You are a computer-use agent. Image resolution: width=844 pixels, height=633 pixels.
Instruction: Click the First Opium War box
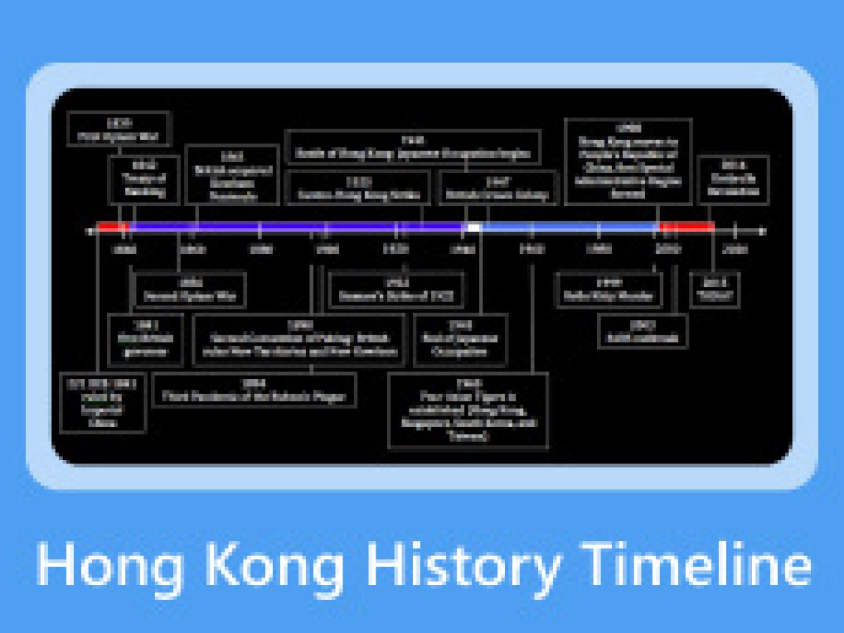[119, 129]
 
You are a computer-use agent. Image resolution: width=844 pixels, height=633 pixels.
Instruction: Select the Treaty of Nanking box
[143, 179]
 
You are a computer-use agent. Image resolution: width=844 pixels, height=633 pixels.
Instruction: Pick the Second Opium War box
[190, 289]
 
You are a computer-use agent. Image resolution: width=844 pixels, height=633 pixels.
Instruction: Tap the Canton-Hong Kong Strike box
[358, 188]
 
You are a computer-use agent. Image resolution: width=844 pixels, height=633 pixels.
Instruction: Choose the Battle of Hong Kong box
[413, 147]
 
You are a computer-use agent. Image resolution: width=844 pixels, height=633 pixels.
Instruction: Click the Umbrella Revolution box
[733, 179]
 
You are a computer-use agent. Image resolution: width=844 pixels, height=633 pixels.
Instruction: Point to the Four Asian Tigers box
[468, 411]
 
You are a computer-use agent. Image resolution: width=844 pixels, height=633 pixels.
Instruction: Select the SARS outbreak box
[643, 331]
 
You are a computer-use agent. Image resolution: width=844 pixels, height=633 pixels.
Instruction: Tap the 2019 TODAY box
[715, 289]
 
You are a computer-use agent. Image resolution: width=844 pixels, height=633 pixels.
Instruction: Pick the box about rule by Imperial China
[103, 402]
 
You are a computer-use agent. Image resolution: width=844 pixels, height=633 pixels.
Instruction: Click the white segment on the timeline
[473, 227]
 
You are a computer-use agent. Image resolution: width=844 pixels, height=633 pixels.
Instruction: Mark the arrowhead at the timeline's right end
[762, 230]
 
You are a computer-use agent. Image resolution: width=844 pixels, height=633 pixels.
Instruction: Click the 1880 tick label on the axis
[261, 249]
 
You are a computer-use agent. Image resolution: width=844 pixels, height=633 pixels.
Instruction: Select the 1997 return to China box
[628, 161]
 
